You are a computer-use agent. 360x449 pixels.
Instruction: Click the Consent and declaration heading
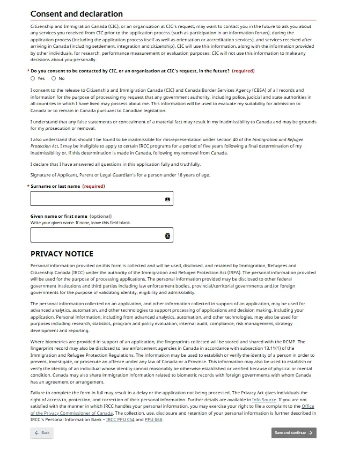pyautogui.click(x=77, y=14)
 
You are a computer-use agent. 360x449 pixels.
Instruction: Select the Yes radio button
pyautogui.click(x=33, y=78)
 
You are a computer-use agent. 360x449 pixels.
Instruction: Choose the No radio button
pyautogui.click(x=54, y=78)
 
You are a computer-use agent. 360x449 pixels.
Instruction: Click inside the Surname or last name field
pyautogui.click(x=97, y=198)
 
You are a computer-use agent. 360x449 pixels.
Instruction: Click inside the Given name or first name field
pyautogui.click(x=97, y=235)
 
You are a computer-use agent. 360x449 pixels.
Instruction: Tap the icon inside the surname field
pyautogui.click(x=167, y=199)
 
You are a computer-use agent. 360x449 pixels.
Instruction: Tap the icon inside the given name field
pyautogui.click(x=167, y=235)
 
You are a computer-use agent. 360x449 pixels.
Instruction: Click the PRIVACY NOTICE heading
pyautogui.click(x=62, y=254)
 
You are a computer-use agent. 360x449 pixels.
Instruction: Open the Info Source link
pyautogui.click(x=265, y=400)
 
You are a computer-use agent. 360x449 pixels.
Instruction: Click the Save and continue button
pyautogui.click(x=293, y=432)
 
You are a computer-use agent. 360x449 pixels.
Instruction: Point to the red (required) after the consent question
pyautogui.click(x=243, y=71)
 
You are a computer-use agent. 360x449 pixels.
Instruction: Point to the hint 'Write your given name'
pyautogui.click(x=80, y=223)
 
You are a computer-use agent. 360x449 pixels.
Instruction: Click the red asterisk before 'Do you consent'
pyautogui.click(x=28, y=71)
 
